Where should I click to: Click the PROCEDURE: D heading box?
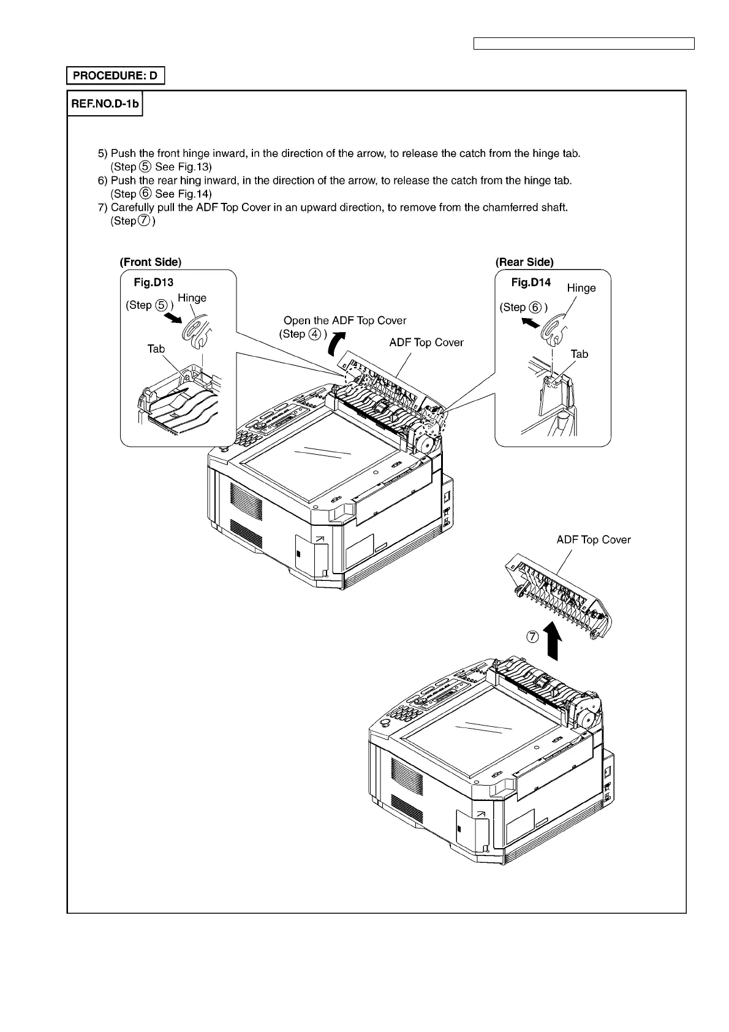click(x=115, y=76)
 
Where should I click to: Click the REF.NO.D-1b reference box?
click(x=105, y=104)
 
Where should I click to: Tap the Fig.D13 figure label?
click(x=154, y=283)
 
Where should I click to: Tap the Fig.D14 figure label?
click(x=531, y=283)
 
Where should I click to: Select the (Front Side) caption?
click(x=151, y=262)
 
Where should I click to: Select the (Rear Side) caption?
click(x=524, y=262)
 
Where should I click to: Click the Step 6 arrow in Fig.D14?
click(x=529, y=321)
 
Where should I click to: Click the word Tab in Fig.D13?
click(x=156, y=349)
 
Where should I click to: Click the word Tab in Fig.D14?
click(x=579, y=354)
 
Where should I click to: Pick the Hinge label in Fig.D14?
click(x=581, y=288)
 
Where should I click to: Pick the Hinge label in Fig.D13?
click(x=192, y=298)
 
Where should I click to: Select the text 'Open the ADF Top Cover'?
click(x=345, y=321)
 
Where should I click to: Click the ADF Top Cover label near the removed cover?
click(x=593, y=540)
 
